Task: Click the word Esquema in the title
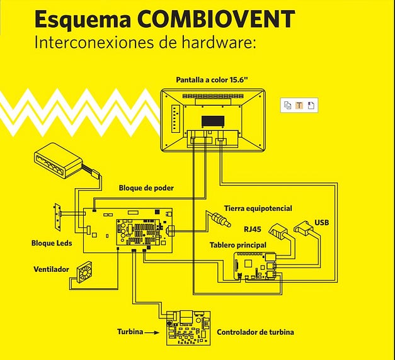point(83,20)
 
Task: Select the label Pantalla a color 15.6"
point(212,81)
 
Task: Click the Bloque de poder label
point(146,188)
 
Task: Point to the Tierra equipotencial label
point(258,208)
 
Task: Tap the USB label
point(321,222)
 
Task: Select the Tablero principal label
point(238,244)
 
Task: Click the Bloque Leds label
point(52,243)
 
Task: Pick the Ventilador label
point(51,269)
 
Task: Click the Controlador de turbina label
point(255,332)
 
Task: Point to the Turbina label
point(130,331)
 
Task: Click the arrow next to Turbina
point(154,331)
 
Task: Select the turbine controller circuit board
point(188,327)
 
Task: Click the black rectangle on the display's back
point(212,120)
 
